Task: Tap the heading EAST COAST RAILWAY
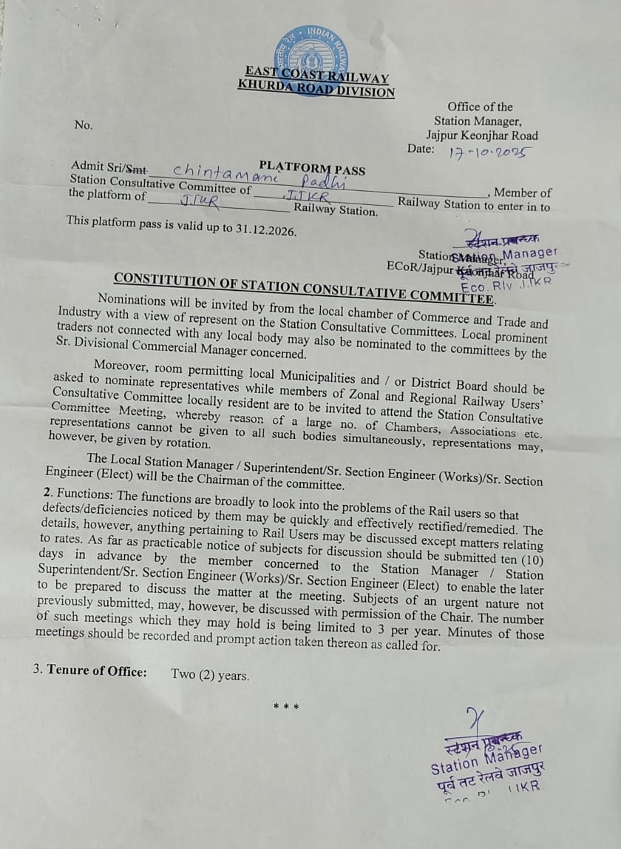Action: point(317,76)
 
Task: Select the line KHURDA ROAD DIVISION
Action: point(316,90)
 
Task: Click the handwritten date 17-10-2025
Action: point(490,153)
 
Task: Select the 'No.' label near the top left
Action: point(84,124)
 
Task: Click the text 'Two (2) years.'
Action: point(210,674)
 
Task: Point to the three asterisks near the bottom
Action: point(286,706)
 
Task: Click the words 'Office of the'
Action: point(480,107)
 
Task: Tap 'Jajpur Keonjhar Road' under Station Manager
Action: point(481,135)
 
